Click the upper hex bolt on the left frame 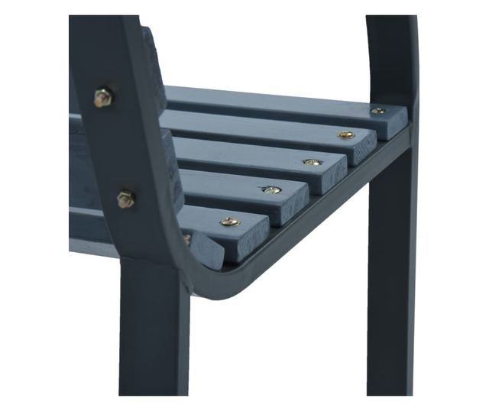pos(103,97)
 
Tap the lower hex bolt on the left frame pos(125,199)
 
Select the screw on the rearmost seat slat pos(377,112)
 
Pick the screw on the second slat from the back pos(346,135)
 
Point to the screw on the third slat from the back pos(312,162)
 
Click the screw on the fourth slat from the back pos(271,189)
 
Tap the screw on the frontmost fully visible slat pos(229,222)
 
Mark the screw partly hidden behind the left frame pos(186,239)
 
